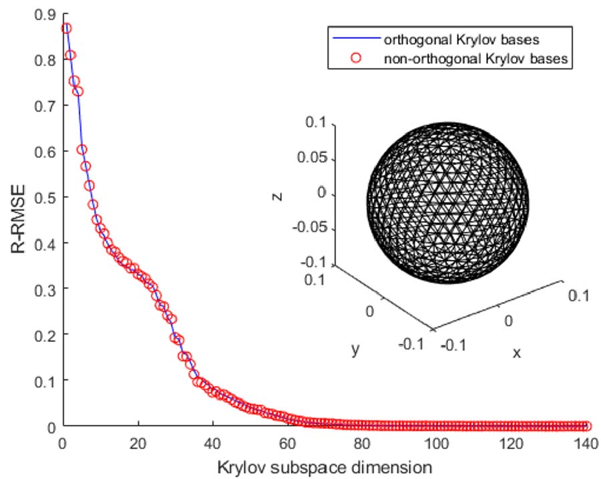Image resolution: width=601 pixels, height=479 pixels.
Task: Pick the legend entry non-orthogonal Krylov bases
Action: pos(475,58)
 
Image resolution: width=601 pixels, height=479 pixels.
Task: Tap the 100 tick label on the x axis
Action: pos(438,442)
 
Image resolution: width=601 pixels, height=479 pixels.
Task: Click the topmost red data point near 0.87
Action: pos(66,28)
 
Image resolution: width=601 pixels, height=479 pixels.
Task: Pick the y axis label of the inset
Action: pos(354,349)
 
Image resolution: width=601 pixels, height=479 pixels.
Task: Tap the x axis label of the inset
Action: pos(516,352)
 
